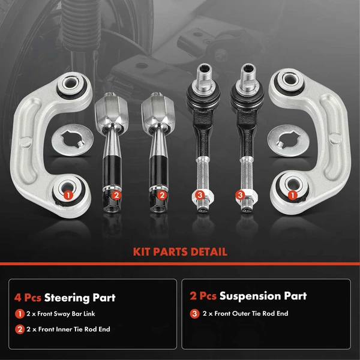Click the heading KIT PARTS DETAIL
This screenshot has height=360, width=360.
[x=179, y=251]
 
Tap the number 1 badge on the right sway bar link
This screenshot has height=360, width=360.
[x=292, y=194]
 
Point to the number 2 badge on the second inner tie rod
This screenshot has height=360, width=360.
[x=161, y=194]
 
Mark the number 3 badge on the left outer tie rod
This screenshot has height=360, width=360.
[x=199, y=194]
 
